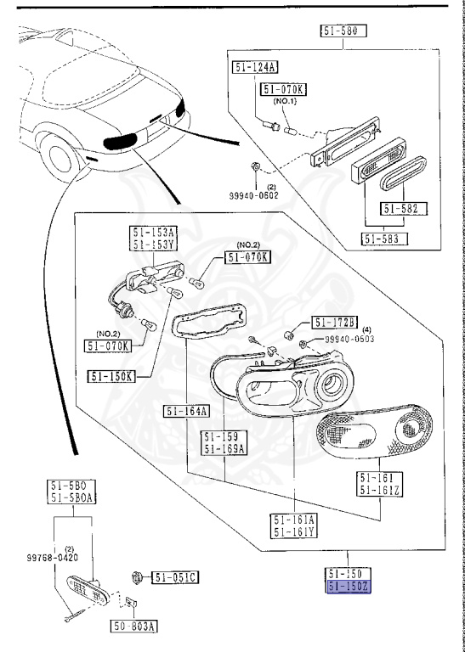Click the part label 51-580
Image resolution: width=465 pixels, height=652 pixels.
tap(343, 32)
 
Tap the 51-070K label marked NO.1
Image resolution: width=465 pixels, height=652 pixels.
tap(284, 87)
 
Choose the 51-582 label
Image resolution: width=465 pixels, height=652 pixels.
tap(404, 208)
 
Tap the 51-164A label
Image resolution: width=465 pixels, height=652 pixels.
tap(185, 412)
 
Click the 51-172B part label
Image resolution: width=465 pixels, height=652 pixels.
tap(336, 323)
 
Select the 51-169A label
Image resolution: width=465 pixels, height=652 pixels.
tap(224, 449)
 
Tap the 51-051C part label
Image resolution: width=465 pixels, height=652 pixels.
tap(175, 578)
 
